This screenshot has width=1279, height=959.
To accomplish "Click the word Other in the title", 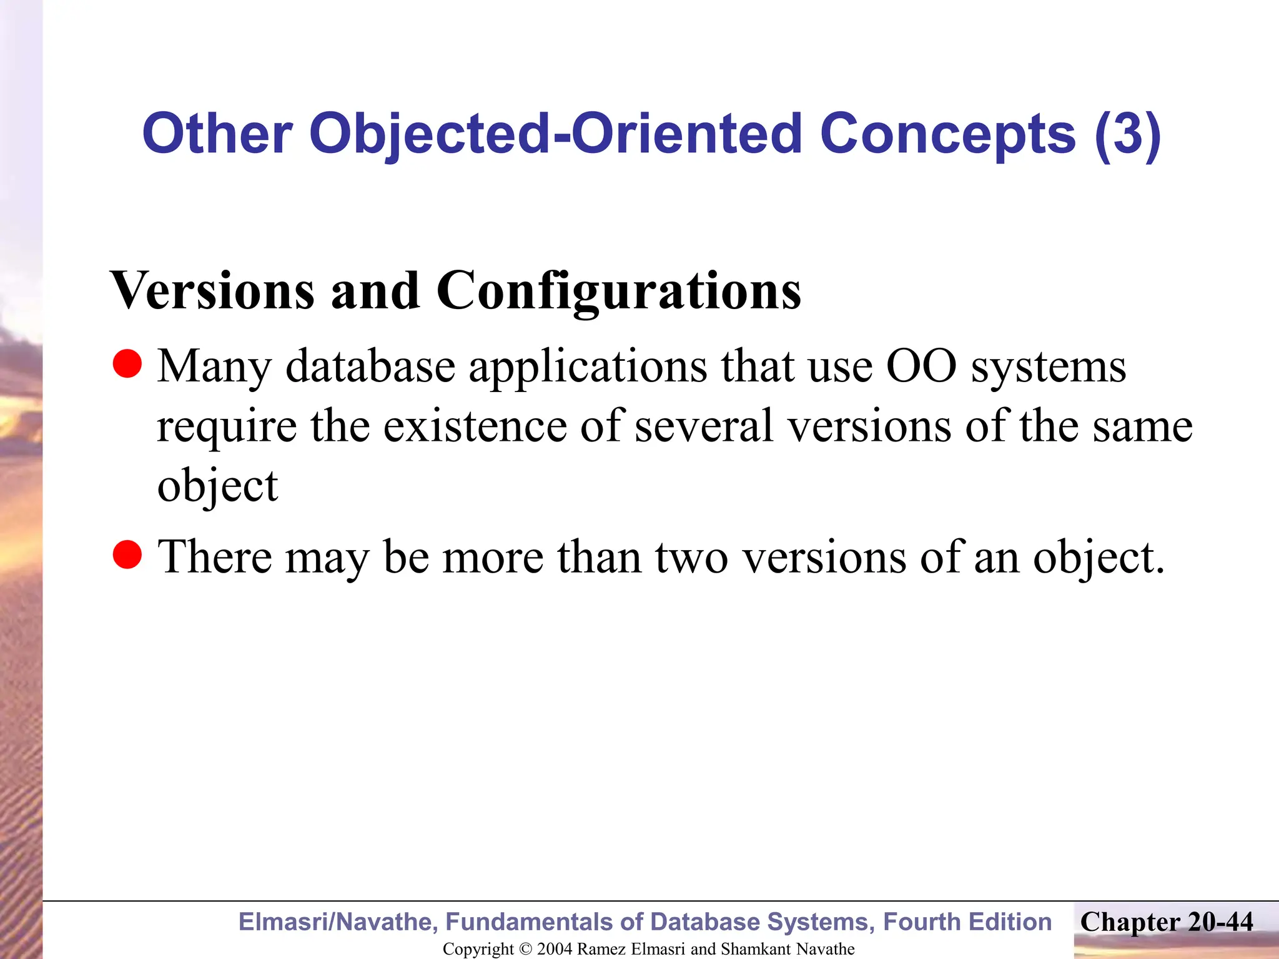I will (x=217, y=134).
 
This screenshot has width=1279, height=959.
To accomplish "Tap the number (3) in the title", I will (x=1127, y=134).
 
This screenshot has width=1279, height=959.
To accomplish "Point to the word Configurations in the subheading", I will (x=618, y=292).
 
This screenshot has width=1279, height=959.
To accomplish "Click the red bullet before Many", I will (x=128, y=363).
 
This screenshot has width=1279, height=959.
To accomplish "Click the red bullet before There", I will (x=128, y=554).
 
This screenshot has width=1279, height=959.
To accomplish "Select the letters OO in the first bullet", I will (x=921, y=366).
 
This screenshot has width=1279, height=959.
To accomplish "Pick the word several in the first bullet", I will (x=704, y=426).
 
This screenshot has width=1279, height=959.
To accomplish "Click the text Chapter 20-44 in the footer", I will (x=1167, y=922).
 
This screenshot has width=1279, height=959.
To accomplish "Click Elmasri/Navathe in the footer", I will (x=338, y=922).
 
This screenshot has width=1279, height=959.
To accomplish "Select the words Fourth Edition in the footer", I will (x=967, y=922).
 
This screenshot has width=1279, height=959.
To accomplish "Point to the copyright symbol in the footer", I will (x=525, y=949).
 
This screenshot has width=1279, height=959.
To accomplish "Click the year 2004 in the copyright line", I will (x=555, y=949).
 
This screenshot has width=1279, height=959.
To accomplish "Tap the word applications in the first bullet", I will (x=588, y=367).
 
